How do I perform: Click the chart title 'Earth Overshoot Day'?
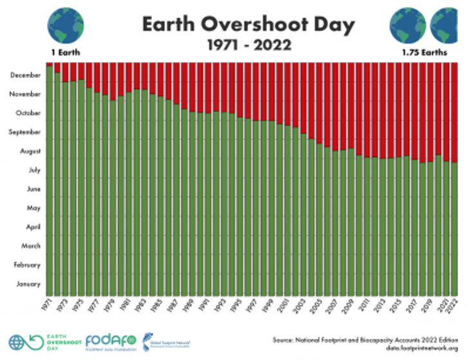[248, 25]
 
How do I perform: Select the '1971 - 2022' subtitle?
[248, 45]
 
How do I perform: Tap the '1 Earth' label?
[65, 51]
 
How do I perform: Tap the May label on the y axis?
[33, 208]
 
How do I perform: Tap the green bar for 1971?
[50, 180]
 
